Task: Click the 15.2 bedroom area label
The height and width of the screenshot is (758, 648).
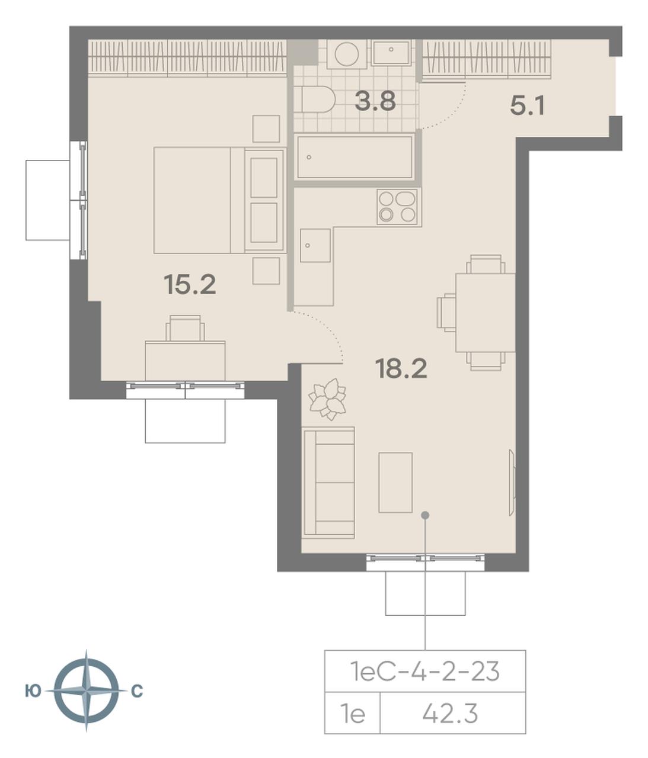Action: point(190,285)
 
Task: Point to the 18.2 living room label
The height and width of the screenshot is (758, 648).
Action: point(401,368)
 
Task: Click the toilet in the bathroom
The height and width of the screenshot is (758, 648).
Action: point(318,99)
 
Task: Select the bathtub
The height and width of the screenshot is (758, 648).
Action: point(355,156)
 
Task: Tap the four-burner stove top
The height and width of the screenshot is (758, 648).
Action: point(397,207)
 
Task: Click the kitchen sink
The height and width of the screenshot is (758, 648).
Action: point(315,245)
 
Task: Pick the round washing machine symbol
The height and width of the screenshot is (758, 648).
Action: point(347,54)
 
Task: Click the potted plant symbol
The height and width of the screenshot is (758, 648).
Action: point(328,399)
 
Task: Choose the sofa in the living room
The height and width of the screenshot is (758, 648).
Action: point(328,483)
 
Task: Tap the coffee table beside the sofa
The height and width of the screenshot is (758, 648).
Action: point(395,482)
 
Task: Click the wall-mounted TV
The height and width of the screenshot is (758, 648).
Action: point(512,482)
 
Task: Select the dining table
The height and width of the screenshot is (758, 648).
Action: point(486,313)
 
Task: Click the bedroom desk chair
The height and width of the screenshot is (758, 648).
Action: point(185,328)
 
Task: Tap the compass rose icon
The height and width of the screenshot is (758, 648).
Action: point(87,691)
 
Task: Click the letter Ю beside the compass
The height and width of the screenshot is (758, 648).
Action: point(33,691)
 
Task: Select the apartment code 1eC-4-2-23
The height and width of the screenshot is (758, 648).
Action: point(424,671)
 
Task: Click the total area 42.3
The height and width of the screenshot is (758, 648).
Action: point(450,714)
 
